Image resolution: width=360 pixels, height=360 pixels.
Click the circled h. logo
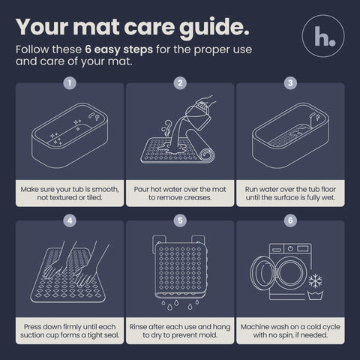[323, 36]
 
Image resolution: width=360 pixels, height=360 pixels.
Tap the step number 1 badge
[70, 83]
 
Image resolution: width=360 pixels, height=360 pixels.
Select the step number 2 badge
[180, 83]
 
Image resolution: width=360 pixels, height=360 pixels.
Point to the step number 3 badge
[290, 83]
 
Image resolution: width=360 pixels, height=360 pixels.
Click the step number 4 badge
[70, 220]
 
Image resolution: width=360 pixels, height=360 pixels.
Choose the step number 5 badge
[180, 220]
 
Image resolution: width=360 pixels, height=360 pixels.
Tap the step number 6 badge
[290, 220]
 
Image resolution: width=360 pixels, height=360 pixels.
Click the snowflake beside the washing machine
[315, 280]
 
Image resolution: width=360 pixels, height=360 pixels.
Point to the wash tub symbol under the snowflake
[315, 295]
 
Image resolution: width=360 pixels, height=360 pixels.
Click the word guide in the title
[214, 28]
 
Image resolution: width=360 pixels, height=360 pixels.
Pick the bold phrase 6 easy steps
[118, 49]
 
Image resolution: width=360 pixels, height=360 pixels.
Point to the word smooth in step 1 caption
[106, 190]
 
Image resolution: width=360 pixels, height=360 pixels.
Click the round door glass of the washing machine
[290, 273]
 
